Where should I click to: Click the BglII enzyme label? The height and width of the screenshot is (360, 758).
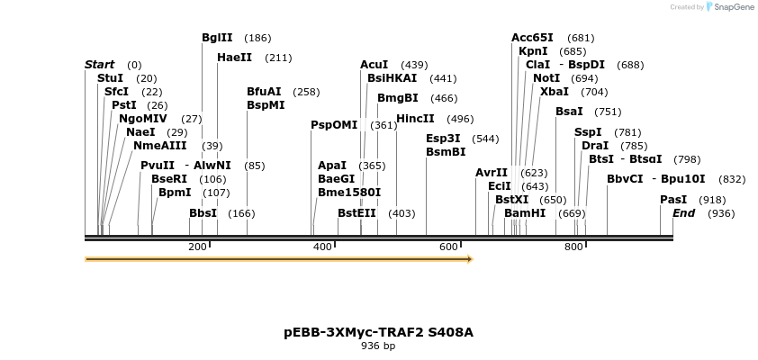pos(217,38)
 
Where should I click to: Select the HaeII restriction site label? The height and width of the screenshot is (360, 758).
pos(234,58)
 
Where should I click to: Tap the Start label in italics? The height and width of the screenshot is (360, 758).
pos(99,65)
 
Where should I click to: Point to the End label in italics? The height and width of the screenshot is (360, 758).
pos(683,213)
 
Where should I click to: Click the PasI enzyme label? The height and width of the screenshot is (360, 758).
pos(673,200)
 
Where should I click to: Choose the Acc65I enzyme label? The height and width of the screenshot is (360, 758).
pos(532,38)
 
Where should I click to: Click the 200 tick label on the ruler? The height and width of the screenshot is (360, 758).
pos(197,247)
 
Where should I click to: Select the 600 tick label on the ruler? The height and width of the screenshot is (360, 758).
pos(448,247)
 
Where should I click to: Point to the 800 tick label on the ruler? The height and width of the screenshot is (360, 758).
pos(573,247)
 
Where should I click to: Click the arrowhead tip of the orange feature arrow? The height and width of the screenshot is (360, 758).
pos(471,259)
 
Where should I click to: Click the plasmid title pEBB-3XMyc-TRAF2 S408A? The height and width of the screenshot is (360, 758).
pos(378,332)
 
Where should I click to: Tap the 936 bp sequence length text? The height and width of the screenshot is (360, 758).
pos(378,346)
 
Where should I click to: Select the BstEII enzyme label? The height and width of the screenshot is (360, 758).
pos(356,213)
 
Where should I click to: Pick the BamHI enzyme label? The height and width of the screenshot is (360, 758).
pos(525,213)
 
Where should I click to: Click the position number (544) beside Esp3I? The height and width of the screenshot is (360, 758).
pos(485,139)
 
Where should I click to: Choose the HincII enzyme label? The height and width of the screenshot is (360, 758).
pos(415,119)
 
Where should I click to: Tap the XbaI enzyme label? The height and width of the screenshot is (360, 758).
pos(555,92)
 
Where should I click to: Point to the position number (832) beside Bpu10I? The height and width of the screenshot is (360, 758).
pos(732,179)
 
